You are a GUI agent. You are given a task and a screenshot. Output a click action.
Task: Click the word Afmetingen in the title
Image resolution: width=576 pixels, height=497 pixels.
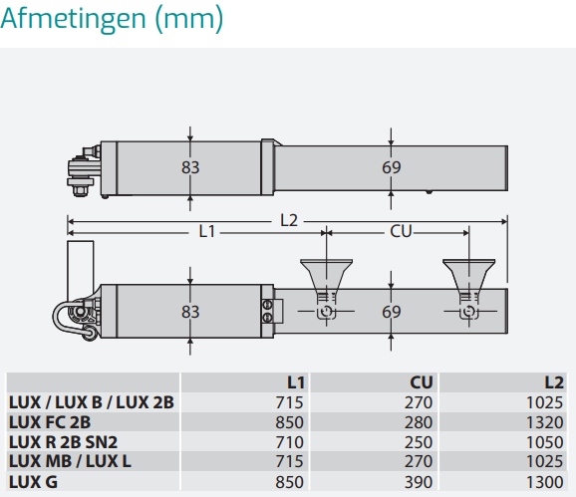click(x=73, y=19)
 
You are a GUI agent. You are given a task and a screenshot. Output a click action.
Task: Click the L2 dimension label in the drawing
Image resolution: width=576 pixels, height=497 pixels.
click(x=289, y=220)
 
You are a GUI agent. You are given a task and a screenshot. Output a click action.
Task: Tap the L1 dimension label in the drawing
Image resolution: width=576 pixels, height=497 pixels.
click(x=206, y=232)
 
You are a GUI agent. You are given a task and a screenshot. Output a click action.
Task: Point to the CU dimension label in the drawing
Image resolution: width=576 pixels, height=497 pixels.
click(x=401, y=232)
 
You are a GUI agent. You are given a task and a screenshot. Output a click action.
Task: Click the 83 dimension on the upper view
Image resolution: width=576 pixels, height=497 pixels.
click(x=190, y=167)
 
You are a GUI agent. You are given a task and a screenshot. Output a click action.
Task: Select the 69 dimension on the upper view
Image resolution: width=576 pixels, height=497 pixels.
click(x=392, y=167)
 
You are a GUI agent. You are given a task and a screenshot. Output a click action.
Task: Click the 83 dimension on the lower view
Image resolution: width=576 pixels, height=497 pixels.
click(x=190, y=312)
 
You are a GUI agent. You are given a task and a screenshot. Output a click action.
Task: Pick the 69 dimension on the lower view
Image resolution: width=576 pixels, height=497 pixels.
click(x=392, y=312)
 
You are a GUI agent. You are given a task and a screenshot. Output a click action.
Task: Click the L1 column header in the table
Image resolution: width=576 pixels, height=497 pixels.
click(x=296, y=382)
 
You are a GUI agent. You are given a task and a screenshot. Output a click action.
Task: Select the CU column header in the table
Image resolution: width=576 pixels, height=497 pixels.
click(x=422, y=382)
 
